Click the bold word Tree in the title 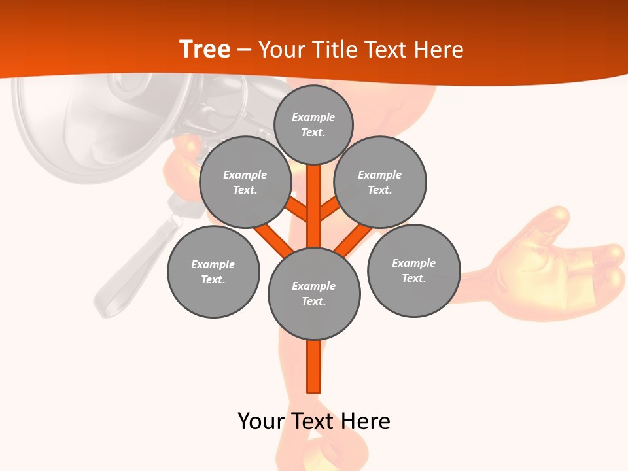205,49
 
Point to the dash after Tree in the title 244,50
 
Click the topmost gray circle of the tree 313,124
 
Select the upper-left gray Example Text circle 245,182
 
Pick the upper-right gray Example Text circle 379,182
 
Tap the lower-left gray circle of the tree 213,271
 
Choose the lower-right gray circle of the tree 413,270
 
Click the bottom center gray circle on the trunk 314,293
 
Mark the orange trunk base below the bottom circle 314,366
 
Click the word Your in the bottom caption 261,421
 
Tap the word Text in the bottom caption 312,421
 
